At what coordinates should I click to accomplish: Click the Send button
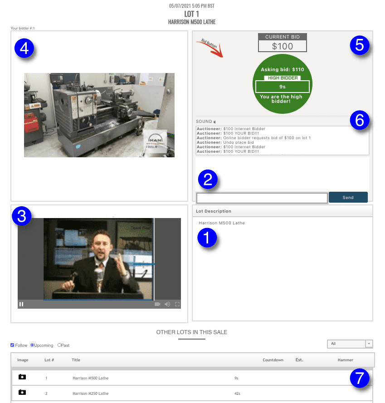(348, 197)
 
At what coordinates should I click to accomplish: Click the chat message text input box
(262, 198)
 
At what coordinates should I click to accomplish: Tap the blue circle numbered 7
(360, 379)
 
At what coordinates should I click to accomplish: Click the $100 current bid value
(283, 46)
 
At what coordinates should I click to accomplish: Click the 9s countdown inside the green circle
(282, 86)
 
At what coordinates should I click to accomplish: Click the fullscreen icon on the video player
(177, 304)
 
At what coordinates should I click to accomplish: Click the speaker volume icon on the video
(167, 304)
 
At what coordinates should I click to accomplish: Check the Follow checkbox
(12, 345)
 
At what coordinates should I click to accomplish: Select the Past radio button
(59, 345)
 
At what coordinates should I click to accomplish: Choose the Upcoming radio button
(32, 345)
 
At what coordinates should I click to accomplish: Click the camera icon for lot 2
(22, 393)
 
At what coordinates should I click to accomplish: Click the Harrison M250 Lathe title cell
(90, 393)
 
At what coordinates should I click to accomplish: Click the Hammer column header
(345, 360)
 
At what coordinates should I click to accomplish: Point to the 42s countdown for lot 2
(237, 393)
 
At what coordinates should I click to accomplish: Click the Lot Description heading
(214, 211)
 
